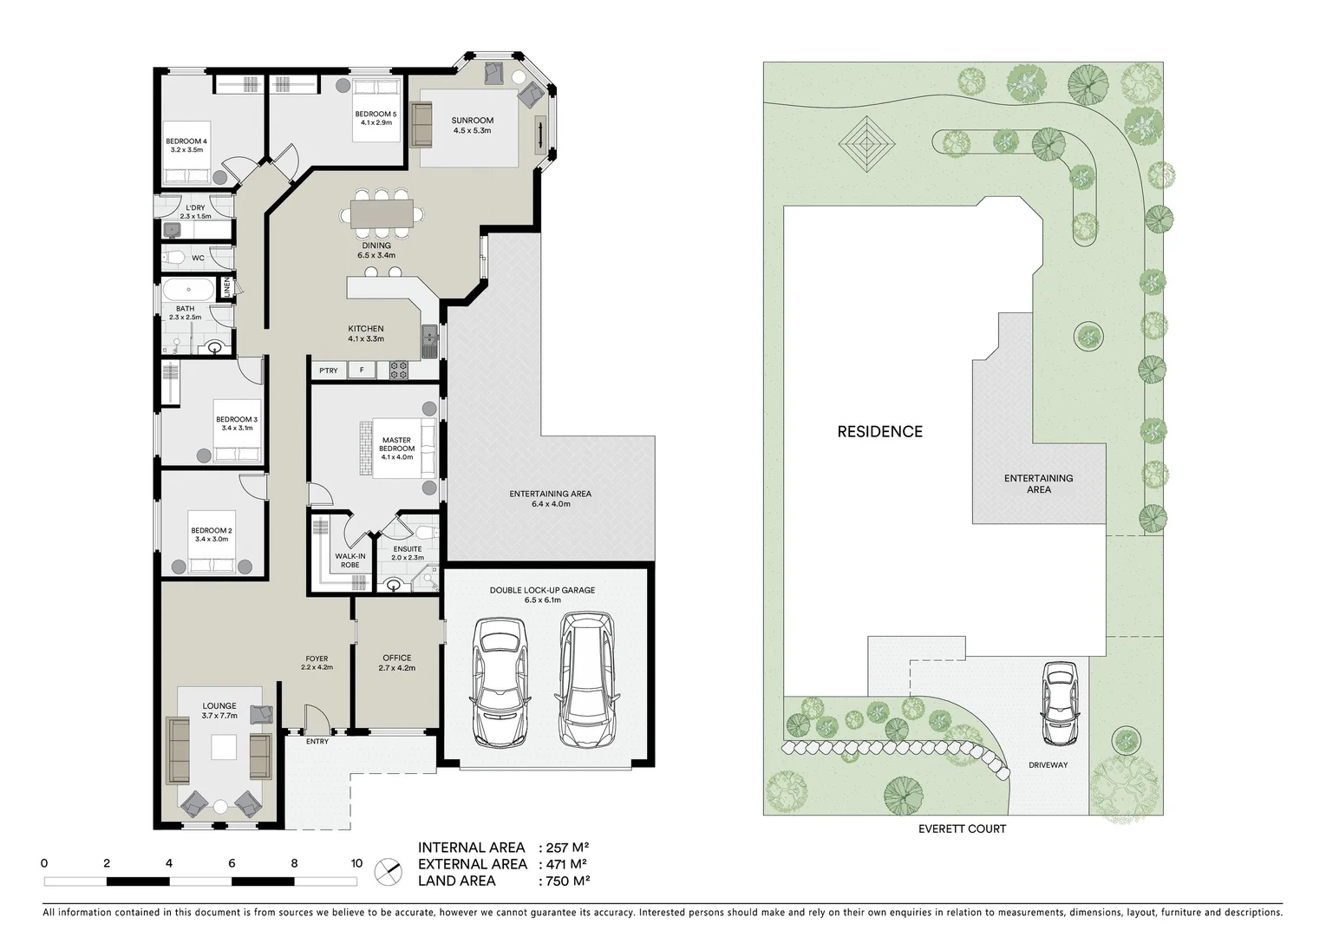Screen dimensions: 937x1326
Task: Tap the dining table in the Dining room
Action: pos(382,213)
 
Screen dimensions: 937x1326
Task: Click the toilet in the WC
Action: pos(174,258)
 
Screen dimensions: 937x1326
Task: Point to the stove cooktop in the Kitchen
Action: pos(398,370)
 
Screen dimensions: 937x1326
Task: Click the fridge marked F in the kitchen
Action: pos(362,371)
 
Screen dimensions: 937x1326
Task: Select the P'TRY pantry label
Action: pos(328,371)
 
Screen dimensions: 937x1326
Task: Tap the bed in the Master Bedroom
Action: pos(397,449)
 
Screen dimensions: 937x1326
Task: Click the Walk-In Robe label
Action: pos(349,560)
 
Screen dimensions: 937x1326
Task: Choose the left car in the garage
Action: pos(499,682)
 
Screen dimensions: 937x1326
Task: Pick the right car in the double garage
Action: pos(586,680)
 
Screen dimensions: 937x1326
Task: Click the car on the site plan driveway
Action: pos(1059,704)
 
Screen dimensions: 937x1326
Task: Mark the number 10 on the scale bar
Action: pos(356,863)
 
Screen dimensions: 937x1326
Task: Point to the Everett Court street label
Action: pos(962,829)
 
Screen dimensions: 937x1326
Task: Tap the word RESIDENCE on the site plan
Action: pos(879,431)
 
